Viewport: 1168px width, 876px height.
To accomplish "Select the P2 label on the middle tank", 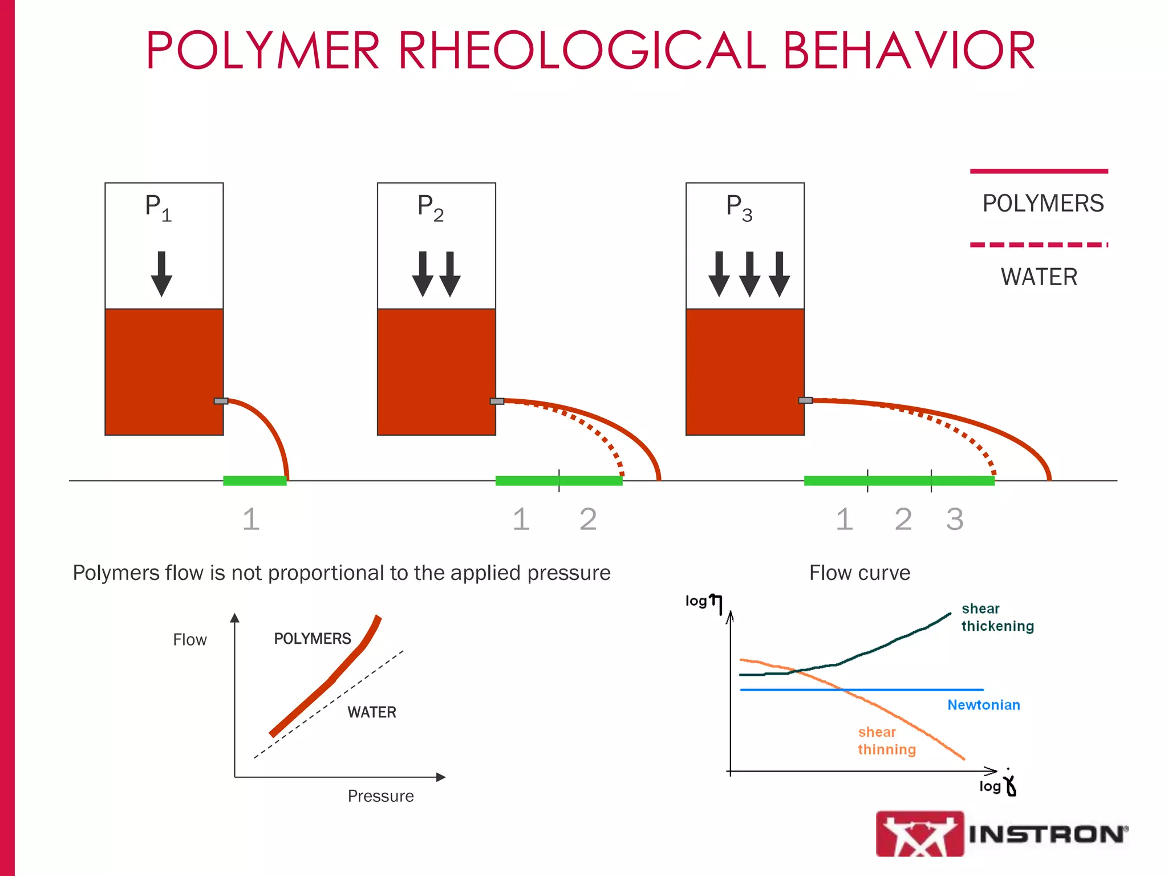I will [x=430, y=208].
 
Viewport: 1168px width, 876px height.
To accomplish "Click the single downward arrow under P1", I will [x=161, y=274].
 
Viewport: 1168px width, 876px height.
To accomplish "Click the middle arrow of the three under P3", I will [x=749, y=274].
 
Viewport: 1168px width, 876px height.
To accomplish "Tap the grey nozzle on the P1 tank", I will [x=221, y=401].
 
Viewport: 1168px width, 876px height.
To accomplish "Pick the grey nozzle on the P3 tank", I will [x=805, y=400].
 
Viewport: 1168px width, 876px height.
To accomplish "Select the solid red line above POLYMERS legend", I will [x=1039, y=171].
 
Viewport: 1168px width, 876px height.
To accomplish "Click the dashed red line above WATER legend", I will [x=1039, y=245].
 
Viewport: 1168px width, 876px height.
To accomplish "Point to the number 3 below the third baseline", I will [x=955, y=520].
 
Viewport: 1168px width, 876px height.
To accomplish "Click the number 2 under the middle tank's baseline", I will [x=588, y=520].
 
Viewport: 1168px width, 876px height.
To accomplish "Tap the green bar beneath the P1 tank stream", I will [x=254, y=481].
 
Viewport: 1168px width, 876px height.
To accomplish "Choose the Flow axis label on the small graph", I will [x=190, y=640].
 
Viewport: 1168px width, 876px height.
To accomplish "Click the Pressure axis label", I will [x=380, y=796].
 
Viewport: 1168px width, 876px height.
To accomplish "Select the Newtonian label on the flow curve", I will [x=983, y=705].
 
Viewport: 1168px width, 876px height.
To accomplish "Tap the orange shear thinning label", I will [x=886, y=741].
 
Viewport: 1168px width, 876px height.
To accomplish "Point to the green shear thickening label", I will [x=997, y=618].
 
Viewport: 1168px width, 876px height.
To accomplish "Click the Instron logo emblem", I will [x=919, y=834].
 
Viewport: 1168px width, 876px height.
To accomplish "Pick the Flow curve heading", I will [x=859, y=573].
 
